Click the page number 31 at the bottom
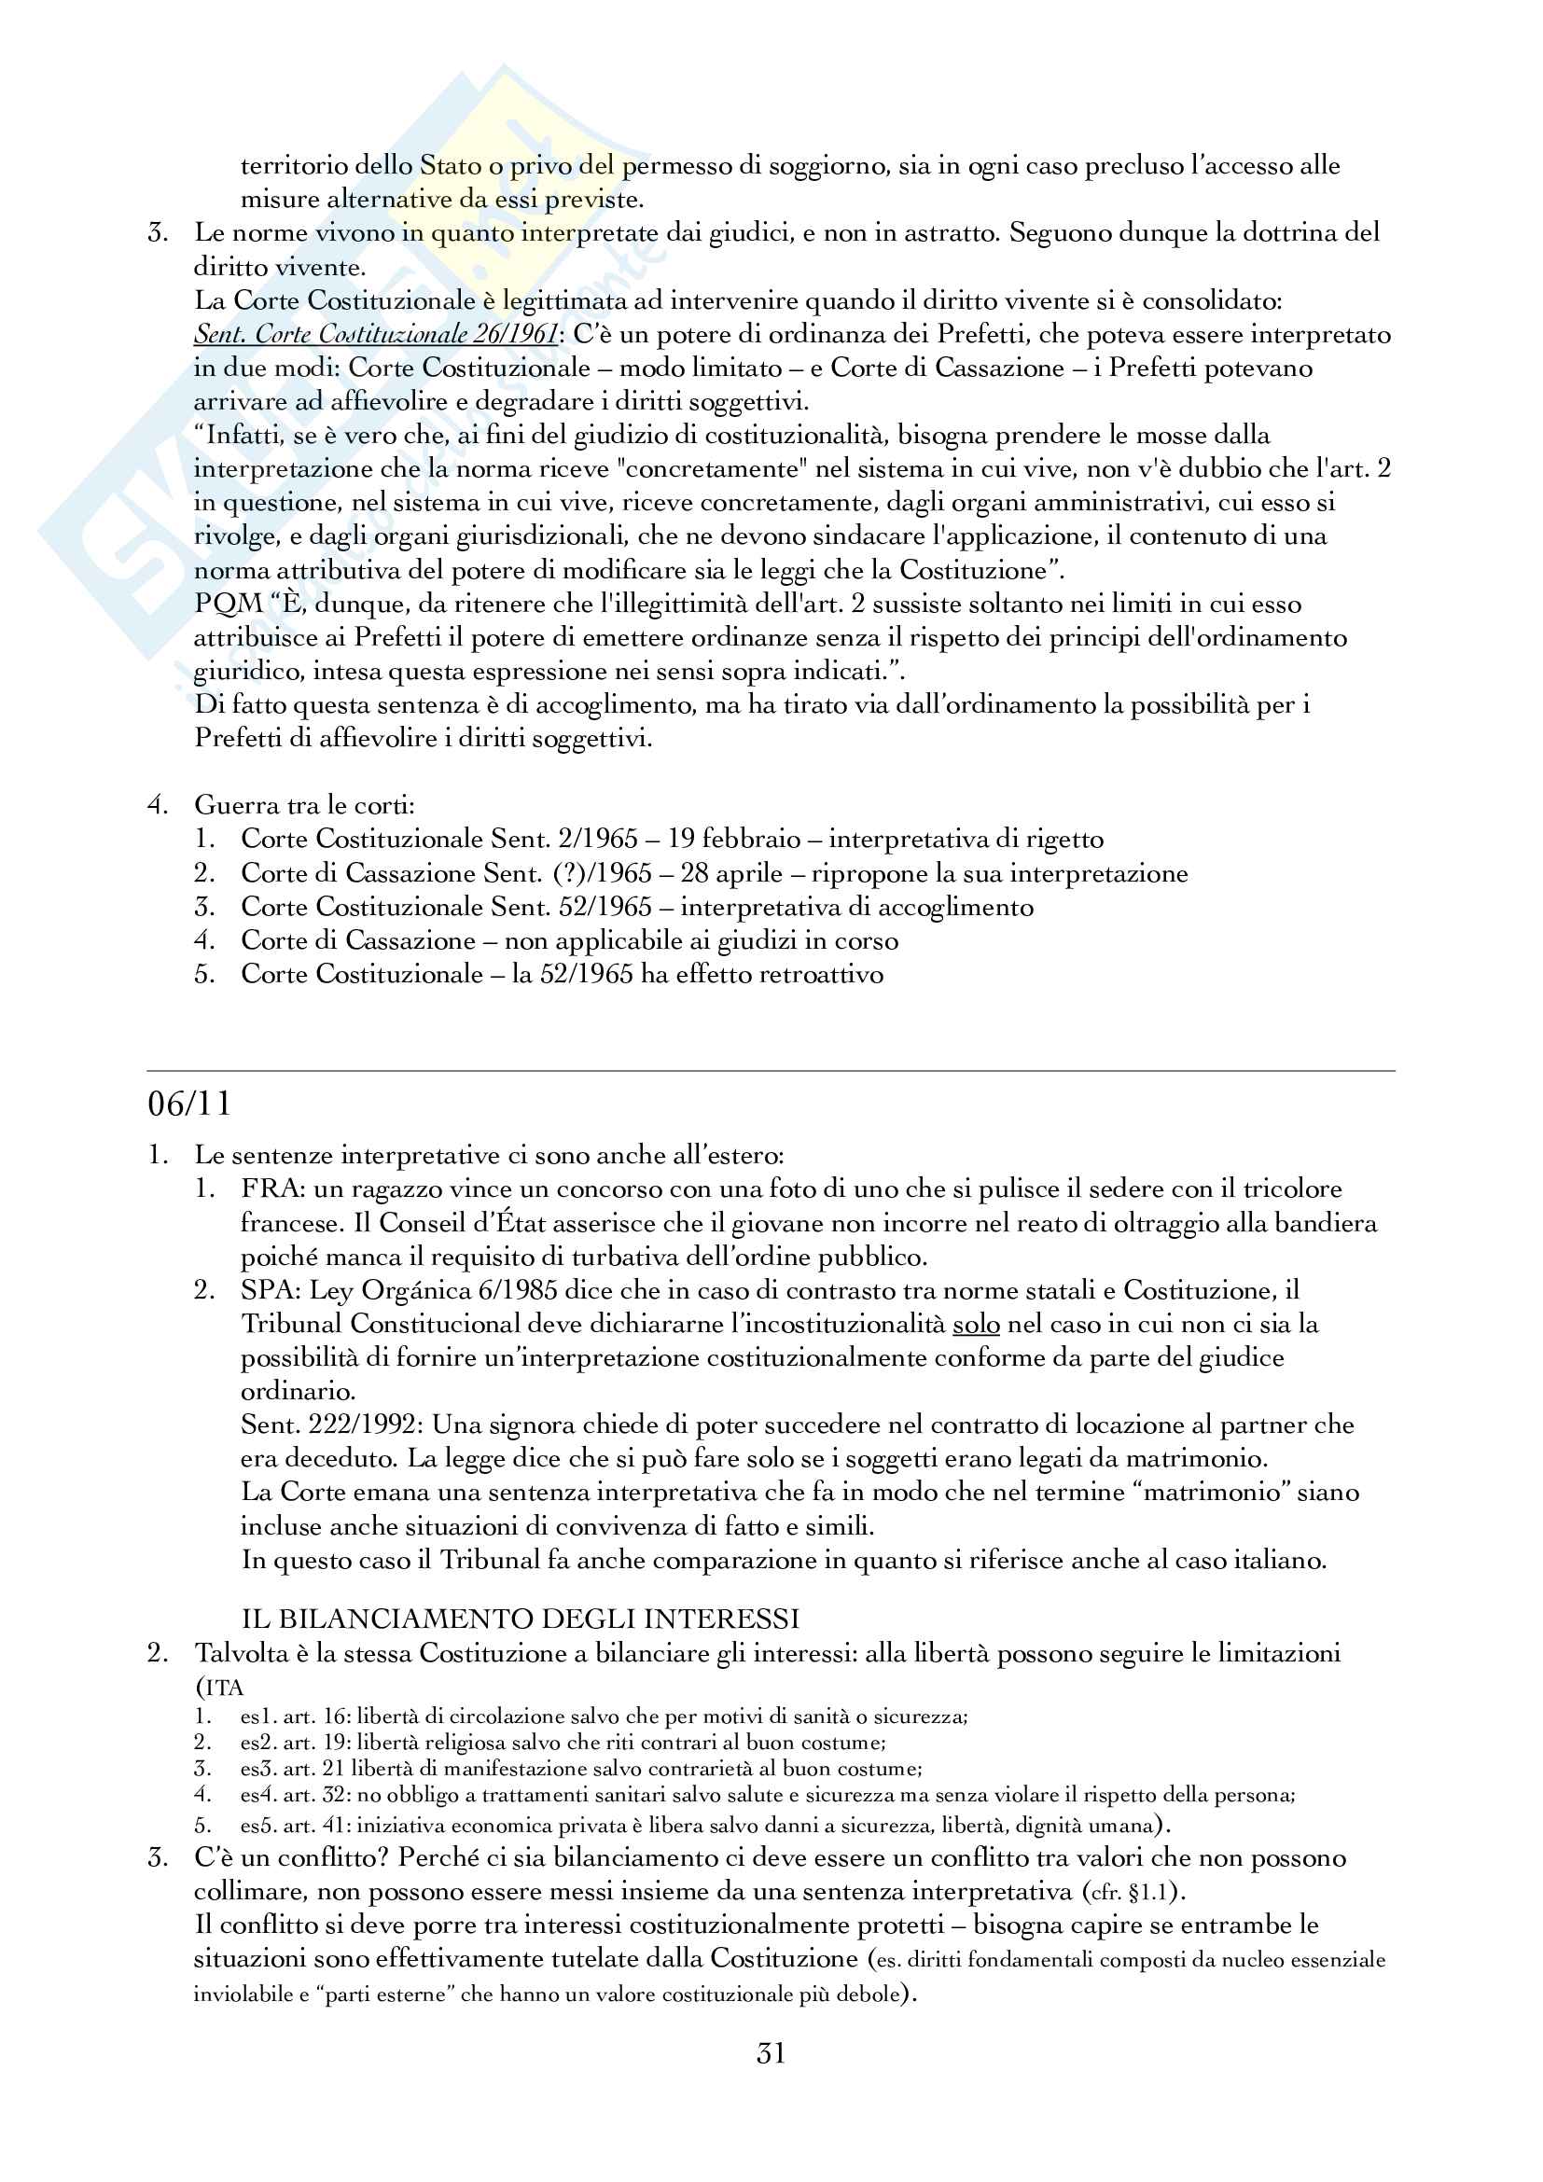click(x=771, y=2053)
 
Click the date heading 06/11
click(x=189, y=1104)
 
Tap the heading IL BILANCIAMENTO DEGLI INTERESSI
click(x=520, y=1618)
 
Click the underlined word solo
click(x=976, y=1324)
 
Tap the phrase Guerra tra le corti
click(x=304, y=806)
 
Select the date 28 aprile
click(x=731, y=873)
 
